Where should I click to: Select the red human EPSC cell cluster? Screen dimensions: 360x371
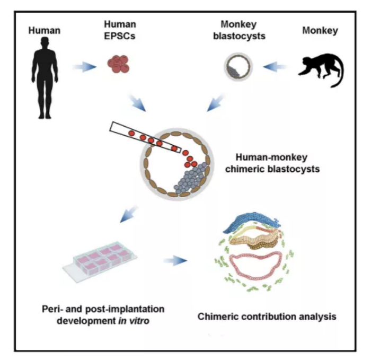click(119, 62)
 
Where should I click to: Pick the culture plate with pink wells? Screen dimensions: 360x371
click(100, 261)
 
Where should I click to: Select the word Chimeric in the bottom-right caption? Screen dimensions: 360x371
click(217, 317)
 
